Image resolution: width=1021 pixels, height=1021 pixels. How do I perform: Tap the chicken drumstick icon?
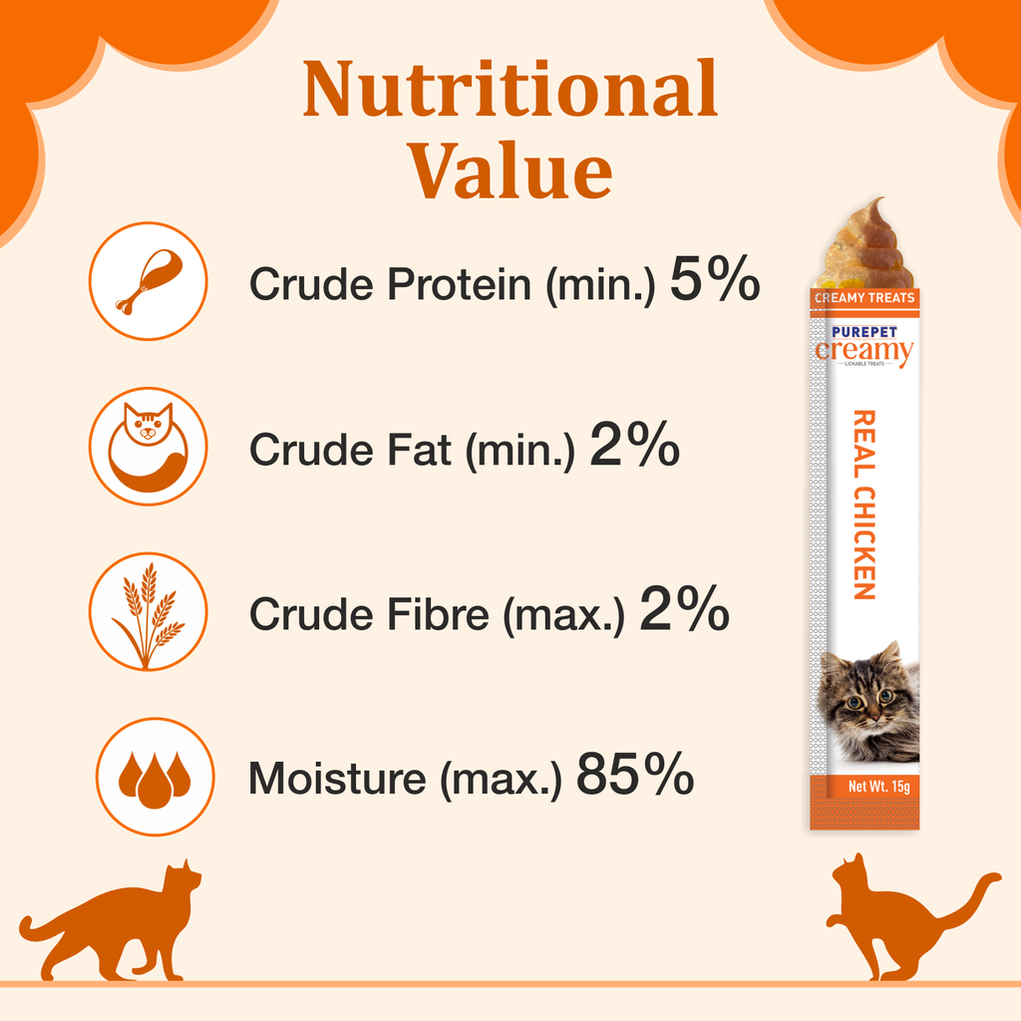pyautogui.click(x=149, y=281)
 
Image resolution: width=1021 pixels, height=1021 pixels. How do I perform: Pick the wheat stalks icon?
pyautogui.click(x=149, y=611)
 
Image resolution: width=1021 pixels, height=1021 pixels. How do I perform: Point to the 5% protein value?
pyautogui.click(x=714, y=280)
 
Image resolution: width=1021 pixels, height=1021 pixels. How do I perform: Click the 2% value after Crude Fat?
pyautogui.click(x=634, y=447)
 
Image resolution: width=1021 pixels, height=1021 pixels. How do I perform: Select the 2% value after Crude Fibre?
pyautogui.click(x=684, y=612)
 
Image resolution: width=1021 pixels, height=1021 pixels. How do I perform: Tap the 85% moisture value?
pyautogui.click(x=634, y=777)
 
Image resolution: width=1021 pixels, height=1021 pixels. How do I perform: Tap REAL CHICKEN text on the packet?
pyautogui.click(x=864, y=505)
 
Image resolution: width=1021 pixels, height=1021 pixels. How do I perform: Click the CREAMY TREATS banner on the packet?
pyautogui.click(x=864, y=297)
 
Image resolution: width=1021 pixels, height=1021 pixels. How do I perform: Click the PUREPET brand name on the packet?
pyautogui.click(x=863, y=330)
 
